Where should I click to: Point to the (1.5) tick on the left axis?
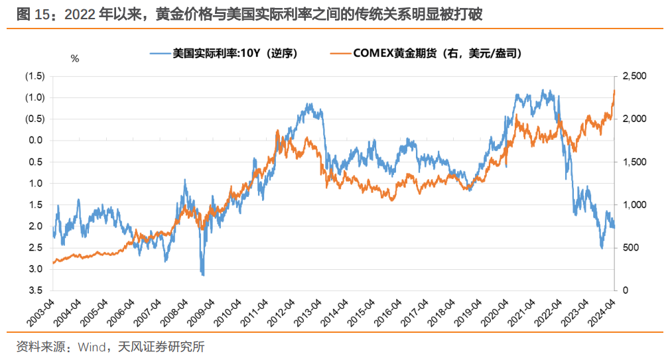(x=34, y=76)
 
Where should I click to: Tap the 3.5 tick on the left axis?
(x=38, y=290)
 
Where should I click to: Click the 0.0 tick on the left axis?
(x=38, y=141)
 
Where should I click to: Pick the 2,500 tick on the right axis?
(x=631, y=76)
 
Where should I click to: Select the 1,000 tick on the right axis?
(x=631, y=205)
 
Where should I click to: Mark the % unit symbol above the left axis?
(x=75, y=59)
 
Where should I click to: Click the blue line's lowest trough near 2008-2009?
(x=202, y=274)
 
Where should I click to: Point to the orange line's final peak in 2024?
(x=614, y=90)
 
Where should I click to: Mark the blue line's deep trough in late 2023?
(x=602, y=248)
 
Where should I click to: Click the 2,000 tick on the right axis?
(x=631, y=119)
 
